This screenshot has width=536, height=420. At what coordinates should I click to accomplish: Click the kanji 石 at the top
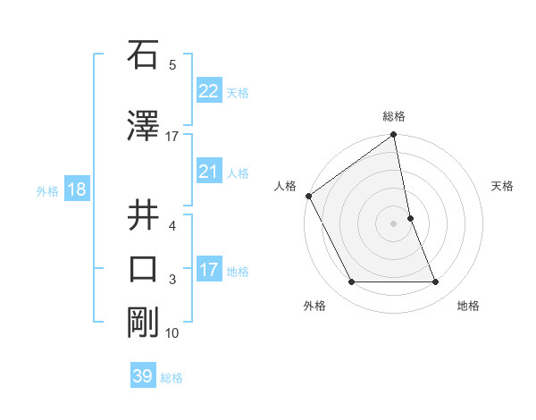click(143, 57)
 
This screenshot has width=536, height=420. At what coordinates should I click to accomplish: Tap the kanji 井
click(143, 214)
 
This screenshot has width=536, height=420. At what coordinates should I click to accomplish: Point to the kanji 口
click(143, 269)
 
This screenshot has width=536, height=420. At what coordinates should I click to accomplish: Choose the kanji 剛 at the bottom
click(143, 322)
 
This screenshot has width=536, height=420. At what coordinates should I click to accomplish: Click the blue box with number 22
click(208, 91)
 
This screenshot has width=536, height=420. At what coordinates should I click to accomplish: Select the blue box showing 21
click(208, 172)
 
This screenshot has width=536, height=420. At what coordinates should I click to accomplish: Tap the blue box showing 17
click(208, 270)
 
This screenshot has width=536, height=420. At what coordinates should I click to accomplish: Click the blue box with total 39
click(143, 376)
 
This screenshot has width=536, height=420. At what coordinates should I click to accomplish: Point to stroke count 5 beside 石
click(172, 65)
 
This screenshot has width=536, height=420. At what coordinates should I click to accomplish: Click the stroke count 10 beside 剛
click(172, 333)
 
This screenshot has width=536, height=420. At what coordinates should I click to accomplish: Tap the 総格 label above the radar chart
click(394, 116)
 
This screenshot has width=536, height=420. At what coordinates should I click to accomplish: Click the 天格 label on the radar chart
click(503, 186)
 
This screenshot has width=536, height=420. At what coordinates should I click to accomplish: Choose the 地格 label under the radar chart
click(468, 306)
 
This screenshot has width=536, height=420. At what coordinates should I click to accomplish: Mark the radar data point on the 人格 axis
click(308, 196)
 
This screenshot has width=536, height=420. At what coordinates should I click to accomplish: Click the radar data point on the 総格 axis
click(394, 136)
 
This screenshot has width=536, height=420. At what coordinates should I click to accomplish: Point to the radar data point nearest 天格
click(410, 218)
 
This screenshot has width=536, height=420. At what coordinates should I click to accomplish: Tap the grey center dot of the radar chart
click(394, 223)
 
